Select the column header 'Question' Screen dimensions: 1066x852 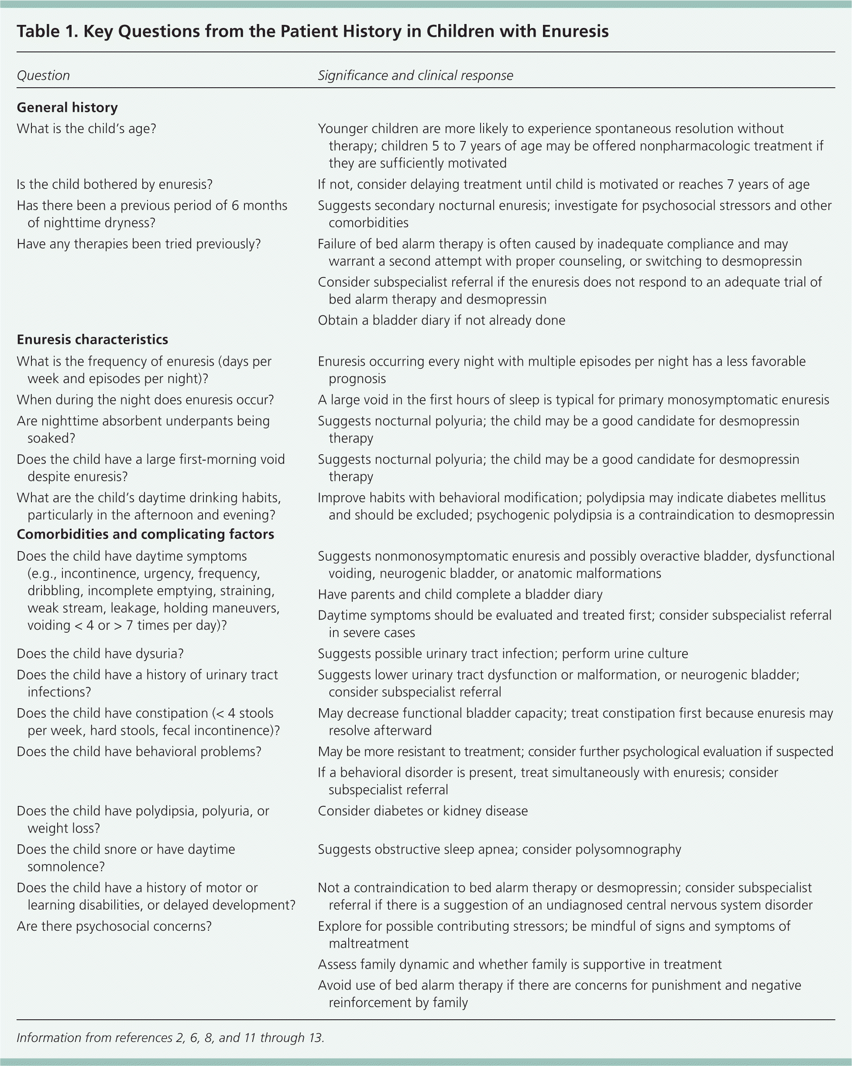[x=43, y=75]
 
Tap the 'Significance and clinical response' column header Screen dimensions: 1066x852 [x=415, y=75]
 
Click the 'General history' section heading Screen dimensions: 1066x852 [x=67, y=107]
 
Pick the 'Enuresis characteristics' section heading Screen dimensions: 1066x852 [x=93, y=339]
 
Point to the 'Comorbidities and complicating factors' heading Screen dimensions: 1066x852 [x=145, y=534]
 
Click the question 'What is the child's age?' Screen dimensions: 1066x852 [x=86, y=129]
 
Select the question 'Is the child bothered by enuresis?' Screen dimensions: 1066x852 [x=115, y=185]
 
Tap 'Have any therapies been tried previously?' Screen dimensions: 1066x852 [x=138, y=244]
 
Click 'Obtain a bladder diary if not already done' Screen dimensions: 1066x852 [x=441, y=320]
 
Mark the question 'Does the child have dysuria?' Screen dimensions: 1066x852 [x=100, y=654]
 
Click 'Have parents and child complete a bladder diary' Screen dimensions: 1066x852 [x=460, y=594]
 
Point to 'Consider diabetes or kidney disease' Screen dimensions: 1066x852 [x=423, y=811]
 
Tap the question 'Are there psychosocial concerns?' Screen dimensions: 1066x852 [x=114, y=926]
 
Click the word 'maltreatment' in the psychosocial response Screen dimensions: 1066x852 [x=368, y=943]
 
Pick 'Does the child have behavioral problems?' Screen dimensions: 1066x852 [x=139, y=751]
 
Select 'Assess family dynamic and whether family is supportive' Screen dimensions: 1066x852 [x=519, y=964]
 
